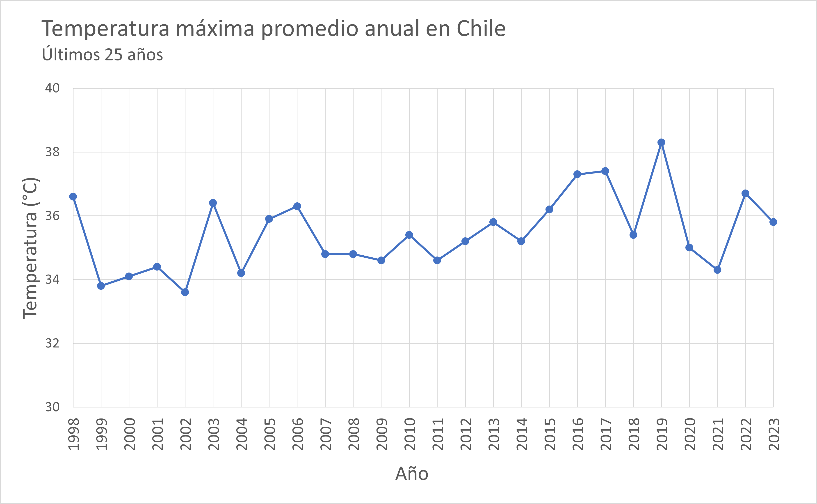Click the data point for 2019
[x=661, y=143]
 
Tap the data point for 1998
[x=73, y=197]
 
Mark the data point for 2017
[x=605, y=171]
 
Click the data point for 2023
[x=773, y=222]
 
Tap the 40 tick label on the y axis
[x=52, y=88]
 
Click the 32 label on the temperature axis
[x=52, y=343]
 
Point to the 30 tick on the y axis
[x=52, y=407]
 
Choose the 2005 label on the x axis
[x=269, y=434]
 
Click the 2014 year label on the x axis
[x=521, y=434]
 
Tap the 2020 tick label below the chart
[x=689, y=434]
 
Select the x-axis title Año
[x=412, y=474]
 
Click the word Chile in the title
[x=481, y=29]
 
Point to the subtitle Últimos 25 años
[x=103, y=54]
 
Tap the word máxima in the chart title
[x=215, y=29]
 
